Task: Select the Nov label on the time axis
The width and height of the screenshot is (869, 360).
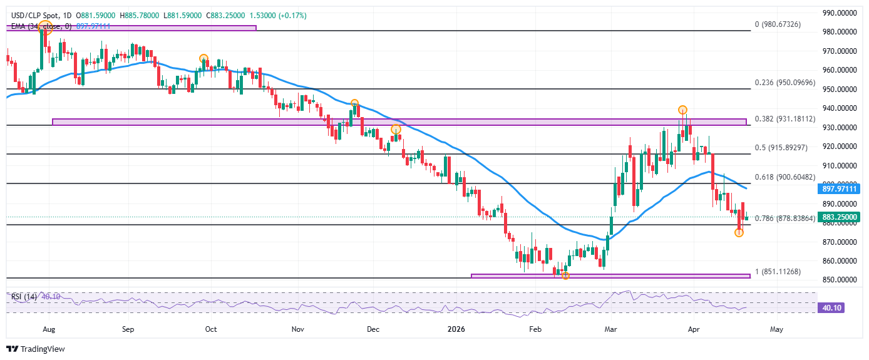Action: click(x=298, y=328)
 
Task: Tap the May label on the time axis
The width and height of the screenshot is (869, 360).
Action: click(x=776, y=328)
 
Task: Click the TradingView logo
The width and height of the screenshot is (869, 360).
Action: click(x=36, y=349)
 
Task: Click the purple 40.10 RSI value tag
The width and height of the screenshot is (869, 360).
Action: click(x=831, y=307)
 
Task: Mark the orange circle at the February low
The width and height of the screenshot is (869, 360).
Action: click(x=565, y=275)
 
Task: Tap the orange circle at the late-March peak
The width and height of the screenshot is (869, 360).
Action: click(x=682, y=110)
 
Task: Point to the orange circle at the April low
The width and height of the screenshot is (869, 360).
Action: click(x=739, y=232)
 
